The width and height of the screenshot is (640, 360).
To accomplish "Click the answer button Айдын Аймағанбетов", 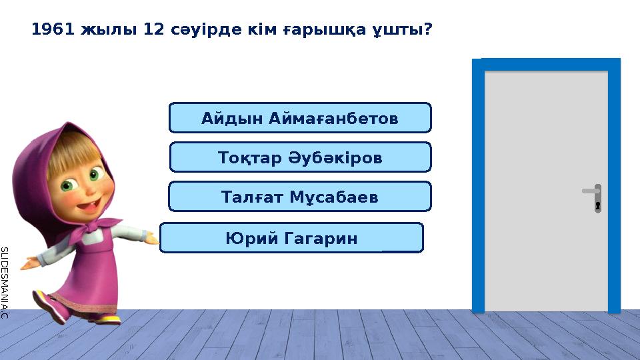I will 300,118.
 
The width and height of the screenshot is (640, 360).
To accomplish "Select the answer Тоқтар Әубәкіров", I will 300,157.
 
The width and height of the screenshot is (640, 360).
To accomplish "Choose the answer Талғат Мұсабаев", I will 299,197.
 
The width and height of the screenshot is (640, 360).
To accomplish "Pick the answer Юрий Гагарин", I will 291,238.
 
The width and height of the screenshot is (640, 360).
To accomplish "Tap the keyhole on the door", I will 598,205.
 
